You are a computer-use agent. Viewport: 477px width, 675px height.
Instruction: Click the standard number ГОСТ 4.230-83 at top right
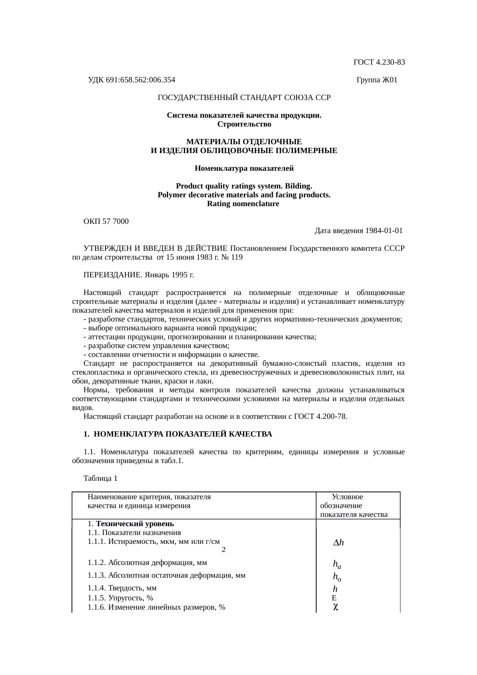(379, 62)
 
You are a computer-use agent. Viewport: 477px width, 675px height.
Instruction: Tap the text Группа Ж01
(377, 80)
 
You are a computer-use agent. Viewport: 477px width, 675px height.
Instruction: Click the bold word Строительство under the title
(244, 124)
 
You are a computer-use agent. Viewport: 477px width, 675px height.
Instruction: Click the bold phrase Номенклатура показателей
(244, 168)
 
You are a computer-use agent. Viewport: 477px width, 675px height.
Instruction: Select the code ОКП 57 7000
(106, 222)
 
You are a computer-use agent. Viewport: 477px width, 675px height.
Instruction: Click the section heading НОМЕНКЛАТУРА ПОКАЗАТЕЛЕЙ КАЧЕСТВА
(183, 434)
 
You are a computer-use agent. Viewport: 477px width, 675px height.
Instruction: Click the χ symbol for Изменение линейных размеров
(335, 607)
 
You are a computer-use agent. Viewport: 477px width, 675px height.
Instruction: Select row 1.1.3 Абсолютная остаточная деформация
(166, 575)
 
